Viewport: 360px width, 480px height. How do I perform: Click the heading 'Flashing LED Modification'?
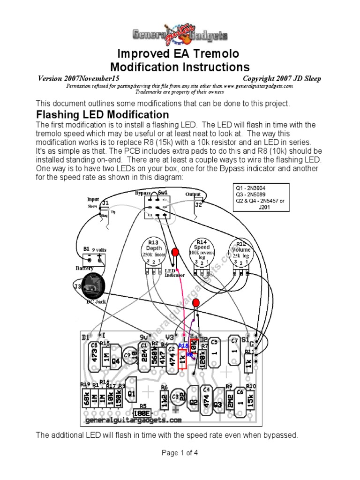(x=103, y=114)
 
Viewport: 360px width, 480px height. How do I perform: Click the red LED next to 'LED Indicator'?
(x=175, y=253)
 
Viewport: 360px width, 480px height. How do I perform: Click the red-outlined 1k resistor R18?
(x=182, y=360)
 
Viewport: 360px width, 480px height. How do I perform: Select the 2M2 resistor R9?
(x=229, y=401)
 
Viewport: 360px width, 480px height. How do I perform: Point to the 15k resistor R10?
(x=251, y=401)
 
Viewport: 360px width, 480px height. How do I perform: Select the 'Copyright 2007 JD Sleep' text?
(x=282, y=78)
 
